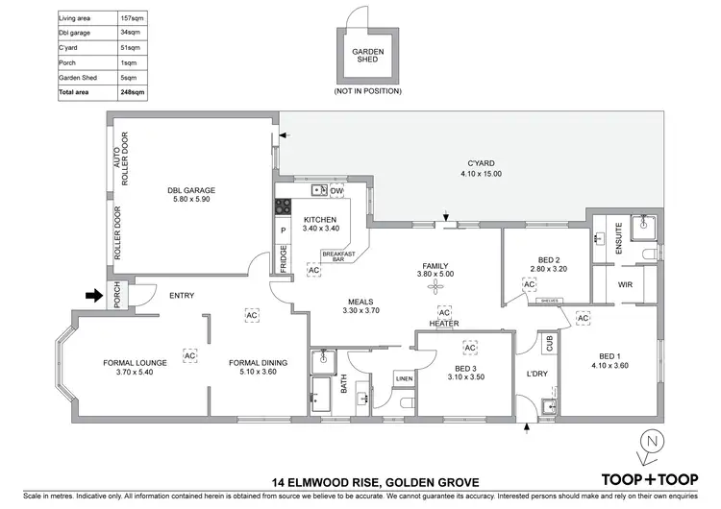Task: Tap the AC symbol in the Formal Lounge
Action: click(189, 355)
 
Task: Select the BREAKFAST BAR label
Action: click(338, 255)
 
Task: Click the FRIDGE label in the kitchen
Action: click(284, 259)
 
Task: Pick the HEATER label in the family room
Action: click(443, 324)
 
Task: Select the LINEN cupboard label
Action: click(403, 379)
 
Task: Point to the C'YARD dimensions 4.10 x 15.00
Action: click(481, 174)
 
